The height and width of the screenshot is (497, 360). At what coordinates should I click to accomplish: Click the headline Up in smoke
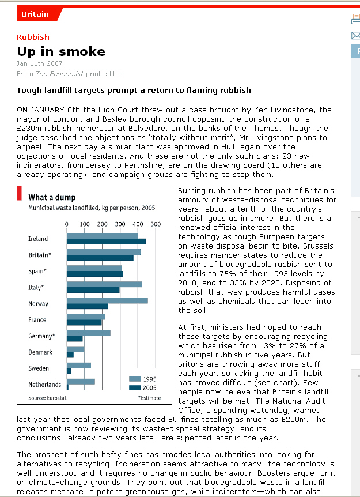[61, 51]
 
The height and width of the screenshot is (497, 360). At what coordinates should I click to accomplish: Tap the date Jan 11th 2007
[40, 63]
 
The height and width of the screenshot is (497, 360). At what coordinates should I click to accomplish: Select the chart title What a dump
[52, 197]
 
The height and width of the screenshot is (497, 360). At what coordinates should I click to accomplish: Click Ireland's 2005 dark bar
[106, 242]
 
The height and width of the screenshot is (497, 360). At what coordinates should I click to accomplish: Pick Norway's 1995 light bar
[107, 300]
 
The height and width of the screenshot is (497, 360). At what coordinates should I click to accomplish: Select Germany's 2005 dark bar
[75, 338]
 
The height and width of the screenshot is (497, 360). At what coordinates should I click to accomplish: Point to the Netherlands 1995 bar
[81, 382]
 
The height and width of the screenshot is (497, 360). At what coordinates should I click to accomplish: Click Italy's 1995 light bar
[104, 284]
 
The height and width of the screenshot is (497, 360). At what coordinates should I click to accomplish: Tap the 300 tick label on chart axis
[120, 224]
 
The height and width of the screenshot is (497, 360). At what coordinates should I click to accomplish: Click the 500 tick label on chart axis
[156, 224]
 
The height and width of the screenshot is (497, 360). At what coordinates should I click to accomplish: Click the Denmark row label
[40, 352]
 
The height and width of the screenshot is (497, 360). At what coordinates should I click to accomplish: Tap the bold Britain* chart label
[40, 255]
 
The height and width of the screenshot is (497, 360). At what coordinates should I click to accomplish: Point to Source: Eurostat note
[47, 398]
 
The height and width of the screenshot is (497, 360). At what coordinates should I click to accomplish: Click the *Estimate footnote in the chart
[149, 398]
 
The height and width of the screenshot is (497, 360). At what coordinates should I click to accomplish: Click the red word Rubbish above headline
[33, 37]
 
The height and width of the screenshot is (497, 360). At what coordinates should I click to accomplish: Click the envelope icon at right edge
[355, 36]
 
